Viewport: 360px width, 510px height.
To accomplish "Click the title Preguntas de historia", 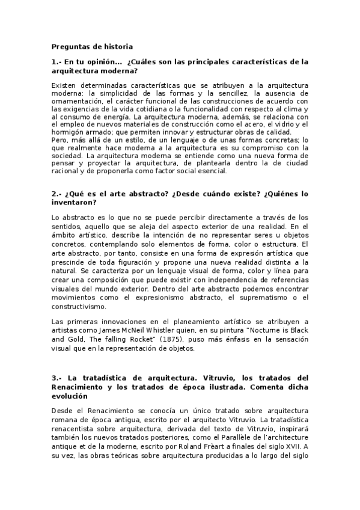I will [92, 46].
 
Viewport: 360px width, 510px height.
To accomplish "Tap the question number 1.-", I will [58, 62].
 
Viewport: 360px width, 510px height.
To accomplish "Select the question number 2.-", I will [58, 194].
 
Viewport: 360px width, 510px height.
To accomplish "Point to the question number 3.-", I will [58, 377].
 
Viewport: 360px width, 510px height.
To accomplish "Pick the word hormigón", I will [69, 132].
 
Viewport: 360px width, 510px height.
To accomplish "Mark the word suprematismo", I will [246, 298].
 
